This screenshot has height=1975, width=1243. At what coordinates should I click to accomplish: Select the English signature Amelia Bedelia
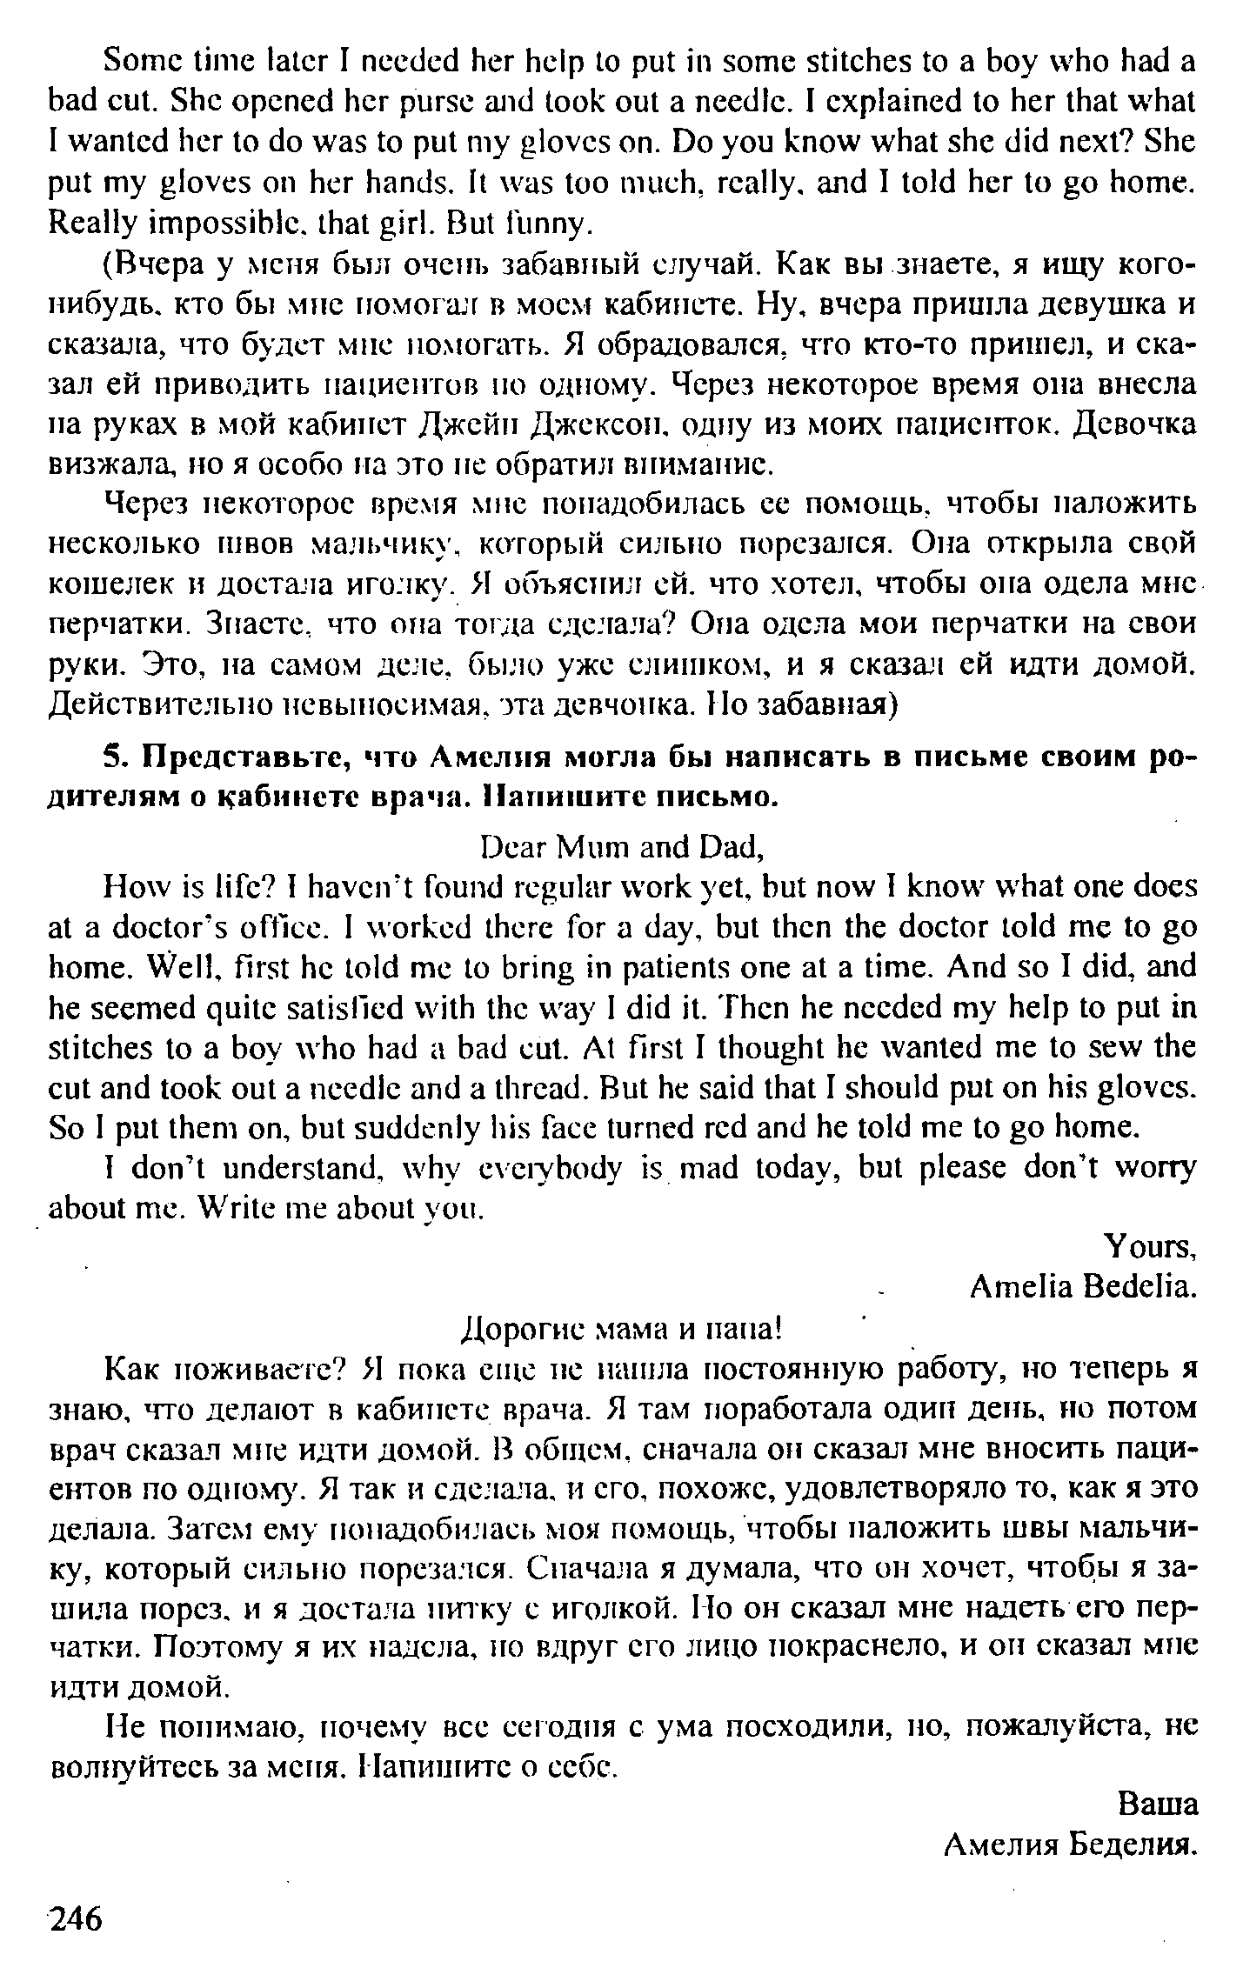tap(1083, 1286)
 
